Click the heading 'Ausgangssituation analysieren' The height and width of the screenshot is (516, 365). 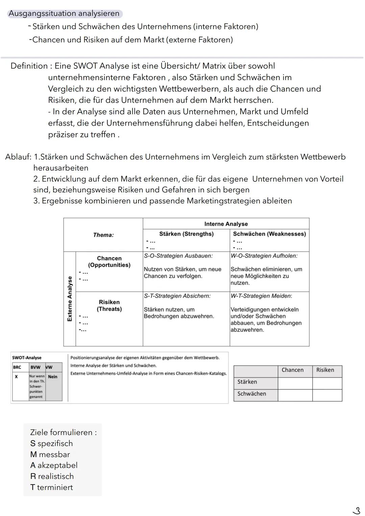pyautogui.click(x=64, y=14)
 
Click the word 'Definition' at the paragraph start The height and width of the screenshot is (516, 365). pyautogui.click(x=29, y=66)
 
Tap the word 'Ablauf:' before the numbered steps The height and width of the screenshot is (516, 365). pyautogui.click(x=18, y=157)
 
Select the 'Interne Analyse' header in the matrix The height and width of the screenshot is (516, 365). pyautogui.click(x=226, y=224)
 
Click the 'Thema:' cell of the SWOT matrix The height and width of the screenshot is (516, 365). pyautogui.click(x=103, y=235)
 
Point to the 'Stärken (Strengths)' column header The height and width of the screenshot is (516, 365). pyautogui.click(x=186, y=234)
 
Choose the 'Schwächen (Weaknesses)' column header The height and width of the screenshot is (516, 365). pyautogui.click(x=269, y=234)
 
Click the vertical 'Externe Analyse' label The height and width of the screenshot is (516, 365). pyautogui.click(x=70, y=299)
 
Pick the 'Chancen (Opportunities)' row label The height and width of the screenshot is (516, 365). pyautogui.click(x=109, y=262)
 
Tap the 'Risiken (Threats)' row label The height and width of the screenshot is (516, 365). pyautogui.click(x=109, y=305)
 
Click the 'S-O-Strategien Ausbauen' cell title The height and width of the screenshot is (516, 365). pyautogui.click(x=178, y=256)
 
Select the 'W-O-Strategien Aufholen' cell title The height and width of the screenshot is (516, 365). pyautogui.click(x=264, y=256)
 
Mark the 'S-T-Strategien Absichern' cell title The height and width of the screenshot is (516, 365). pyautogui.click(x=177, y=296)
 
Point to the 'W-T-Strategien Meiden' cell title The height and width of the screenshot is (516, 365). pyautogui.click(x=261, y=296)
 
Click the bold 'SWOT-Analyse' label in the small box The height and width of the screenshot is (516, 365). pyautogui.click(x=27, y=358)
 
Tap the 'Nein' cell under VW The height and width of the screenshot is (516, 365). pyautogui.click(x=53, y=377)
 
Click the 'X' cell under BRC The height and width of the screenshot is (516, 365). pyautogui.click(x=16, y=377)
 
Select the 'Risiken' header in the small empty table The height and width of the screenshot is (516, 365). pyautogui.click(x=325, y=370)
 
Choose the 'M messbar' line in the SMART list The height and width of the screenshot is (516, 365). pyautogui.click(x=50, y=454)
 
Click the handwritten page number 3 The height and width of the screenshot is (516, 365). pyautogui.click(x=356, y=510)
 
